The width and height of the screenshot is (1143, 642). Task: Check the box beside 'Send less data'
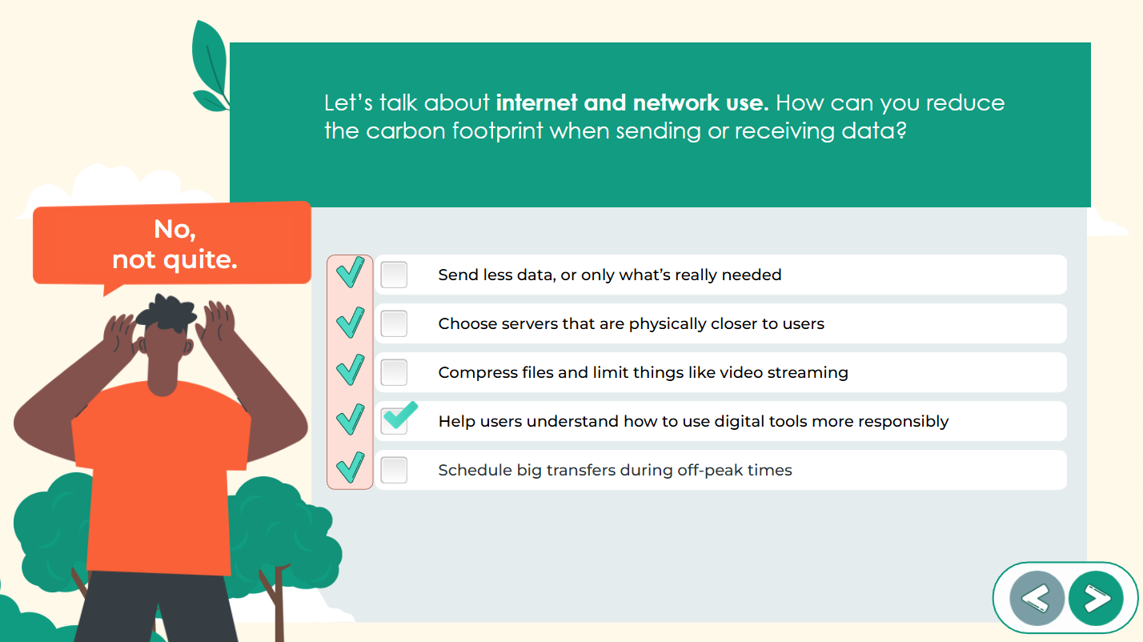394,275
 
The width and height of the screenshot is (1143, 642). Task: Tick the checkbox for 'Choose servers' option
394,323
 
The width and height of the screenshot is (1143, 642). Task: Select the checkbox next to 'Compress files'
394,372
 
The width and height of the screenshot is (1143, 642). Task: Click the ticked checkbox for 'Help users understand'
395,420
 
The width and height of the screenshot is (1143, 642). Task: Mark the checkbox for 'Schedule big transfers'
394,470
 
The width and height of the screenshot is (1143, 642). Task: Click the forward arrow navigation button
1096,598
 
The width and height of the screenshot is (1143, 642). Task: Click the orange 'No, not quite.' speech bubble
172,243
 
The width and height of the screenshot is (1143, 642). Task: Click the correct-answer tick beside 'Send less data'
350,273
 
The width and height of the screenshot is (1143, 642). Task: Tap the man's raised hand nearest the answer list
214,325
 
